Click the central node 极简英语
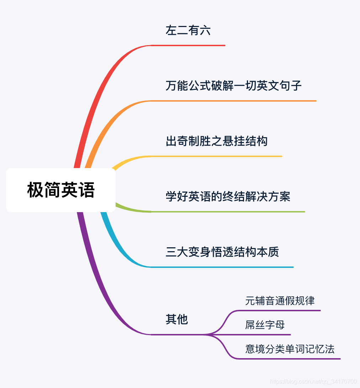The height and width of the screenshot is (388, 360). point(61,190)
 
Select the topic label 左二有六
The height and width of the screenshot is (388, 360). point(188,31)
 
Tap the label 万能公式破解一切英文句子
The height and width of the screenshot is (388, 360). point(233,86)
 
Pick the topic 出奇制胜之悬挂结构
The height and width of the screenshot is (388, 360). point(216,141)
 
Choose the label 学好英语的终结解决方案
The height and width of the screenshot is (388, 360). point(228,196)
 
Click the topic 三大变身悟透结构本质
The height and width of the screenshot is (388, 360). point(222,252)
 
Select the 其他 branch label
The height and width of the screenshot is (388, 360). point(176,319)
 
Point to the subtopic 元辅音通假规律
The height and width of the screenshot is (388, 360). point(280,301)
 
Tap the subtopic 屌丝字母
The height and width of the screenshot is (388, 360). point(265,325)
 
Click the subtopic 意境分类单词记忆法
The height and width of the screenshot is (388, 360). point(290,349)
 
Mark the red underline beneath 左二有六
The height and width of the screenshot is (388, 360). point(189,45)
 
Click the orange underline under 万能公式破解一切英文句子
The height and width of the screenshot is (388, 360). point(233,101)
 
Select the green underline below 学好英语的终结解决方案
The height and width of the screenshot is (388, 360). point(228,212)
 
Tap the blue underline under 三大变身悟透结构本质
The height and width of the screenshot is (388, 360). point(222,267)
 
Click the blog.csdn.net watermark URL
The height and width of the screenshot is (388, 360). point(313,382)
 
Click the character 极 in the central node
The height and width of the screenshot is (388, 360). point(36,190)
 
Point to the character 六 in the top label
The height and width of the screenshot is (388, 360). point(205,31)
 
